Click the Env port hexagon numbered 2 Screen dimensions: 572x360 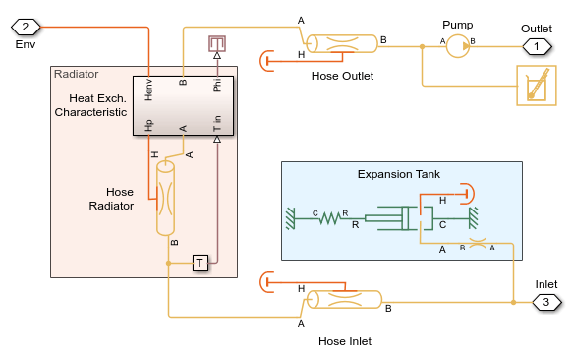[x=26, y=27]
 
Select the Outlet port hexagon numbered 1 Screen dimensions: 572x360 [x=537, y=47]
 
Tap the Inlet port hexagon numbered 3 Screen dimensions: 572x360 [x=546, y=302]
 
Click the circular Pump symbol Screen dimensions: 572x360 [x=458, y=46]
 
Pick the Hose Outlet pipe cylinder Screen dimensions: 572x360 [x=341, y=44]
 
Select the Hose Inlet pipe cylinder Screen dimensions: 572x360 [x=344, y=300]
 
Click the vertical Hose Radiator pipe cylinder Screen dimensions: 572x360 [x=165, y=199]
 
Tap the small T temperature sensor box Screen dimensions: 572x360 [x=200, y=263]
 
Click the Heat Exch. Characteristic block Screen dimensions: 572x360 [x=183, y=105]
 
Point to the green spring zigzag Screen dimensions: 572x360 [x=330, y=218]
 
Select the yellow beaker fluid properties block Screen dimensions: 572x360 [x=537, y=86]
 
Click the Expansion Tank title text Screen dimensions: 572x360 [x=399, y=174]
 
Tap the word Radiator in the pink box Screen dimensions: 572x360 [x=77, y=74]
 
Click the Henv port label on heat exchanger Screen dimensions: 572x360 [x=148, y=90]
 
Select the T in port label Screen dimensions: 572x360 [x=217, y=123]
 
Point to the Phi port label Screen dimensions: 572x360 [x=217, y=85]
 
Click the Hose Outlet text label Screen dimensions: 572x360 [x=342, y=76]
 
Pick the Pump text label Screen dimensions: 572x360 [x=457, y=25]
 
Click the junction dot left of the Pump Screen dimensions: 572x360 [x=422, y=47]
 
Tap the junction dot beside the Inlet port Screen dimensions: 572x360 [x=513, y=302]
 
